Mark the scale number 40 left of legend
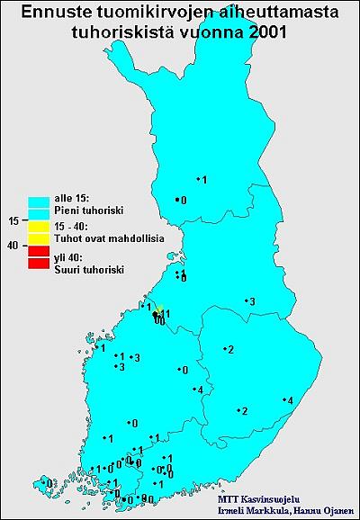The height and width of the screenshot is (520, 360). click(x=13, y=245)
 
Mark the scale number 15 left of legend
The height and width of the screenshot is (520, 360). click(x=13, y=220)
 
